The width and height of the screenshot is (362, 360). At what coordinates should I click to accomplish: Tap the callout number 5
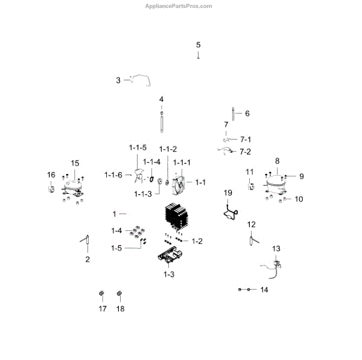198,45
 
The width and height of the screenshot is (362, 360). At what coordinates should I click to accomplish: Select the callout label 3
119,80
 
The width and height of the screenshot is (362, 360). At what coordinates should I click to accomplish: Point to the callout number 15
75,164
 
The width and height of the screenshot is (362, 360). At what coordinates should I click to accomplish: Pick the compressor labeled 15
74,187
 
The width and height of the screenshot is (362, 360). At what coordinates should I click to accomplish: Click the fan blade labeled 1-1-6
141,177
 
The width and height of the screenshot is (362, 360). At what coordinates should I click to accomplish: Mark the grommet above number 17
102,294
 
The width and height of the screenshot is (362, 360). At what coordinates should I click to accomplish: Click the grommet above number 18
119,294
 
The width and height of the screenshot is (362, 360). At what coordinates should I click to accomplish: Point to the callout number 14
264,291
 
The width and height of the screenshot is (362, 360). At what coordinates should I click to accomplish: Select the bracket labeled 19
229,211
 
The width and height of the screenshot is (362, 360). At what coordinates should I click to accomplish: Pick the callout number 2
87,260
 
